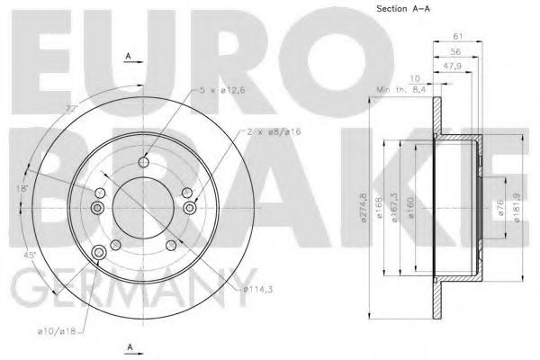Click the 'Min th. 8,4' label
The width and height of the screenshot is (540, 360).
[x=401, y=90]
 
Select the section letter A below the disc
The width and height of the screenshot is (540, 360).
[x=131, y=347]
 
